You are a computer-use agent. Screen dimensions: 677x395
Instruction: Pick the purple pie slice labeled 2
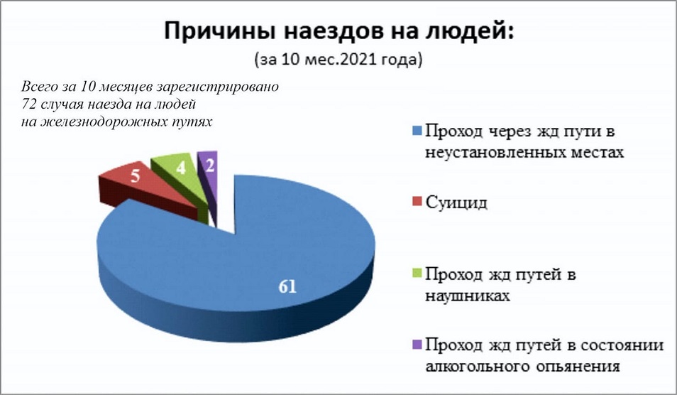[209, 173]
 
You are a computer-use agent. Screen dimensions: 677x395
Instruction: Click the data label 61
[287, 286]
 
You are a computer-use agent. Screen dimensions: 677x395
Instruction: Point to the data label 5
[136, 176]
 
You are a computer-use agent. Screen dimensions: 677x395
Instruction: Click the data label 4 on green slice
[181, 168]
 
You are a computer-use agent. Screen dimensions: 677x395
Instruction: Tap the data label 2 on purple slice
[210, 166]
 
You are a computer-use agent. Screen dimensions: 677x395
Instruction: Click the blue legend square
[417, 131]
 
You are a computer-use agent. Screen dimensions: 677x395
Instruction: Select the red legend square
[417, 201]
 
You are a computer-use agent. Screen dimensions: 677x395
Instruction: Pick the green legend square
[417, 273]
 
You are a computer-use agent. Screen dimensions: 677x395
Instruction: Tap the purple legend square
[417, 344]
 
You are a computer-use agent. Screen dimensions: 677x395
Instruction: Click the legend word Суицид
[456, 202]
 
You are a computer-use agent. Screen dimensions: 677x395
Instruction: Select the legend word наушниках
[468, 296]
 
